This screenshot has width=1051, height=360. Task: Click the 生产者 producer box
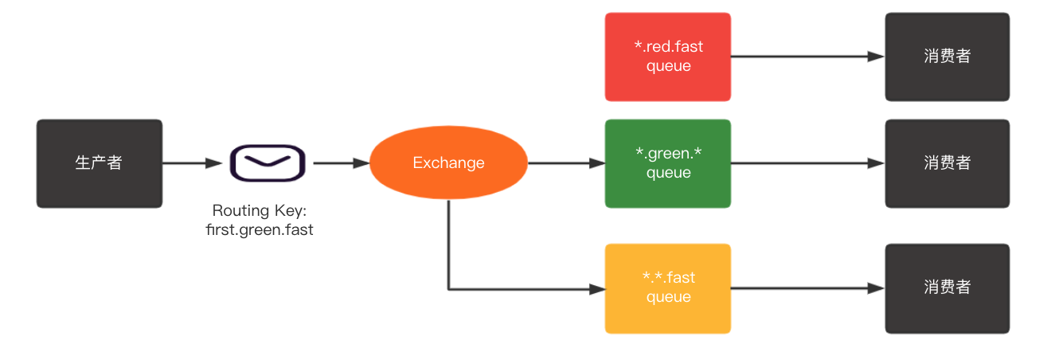pyautogui.click(x=100, y=163)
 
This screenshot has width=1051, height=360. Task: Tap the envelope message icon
pyautogui.click(x=268, y=163)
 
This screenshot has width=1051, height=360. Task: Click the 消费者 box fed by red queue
pyautogui.click(x=947, y=57)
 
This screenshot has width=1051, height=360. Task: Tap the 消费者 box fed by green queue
pyautogui.click(x=947, y=163)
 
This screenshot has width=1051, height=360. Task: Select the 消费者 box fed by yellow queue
pyautogui.click(x=947, y=288)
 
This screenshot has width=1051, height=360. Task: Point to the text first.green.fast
pyautogui.click(x=260, y=230)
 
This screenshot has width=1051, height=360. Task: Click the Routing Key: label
pyautogui.click(x=260, y=211)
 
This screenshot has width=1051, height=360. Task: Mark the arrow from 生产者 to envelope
pyautogui.click(x=192, y=163)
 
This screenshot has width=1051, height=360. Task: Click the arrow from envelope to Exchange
pyautogui.click(x=341, y=163)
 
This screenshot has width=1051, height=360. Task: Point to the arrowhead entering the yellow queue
pyautogui.click(x=597, y=289)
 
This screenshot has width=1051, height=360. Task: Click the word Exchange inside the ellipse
pyautogui.click(x=448, y=163)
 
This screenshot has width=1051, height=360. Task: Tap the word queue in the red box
pyautogui.click(x=668, y=66)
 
